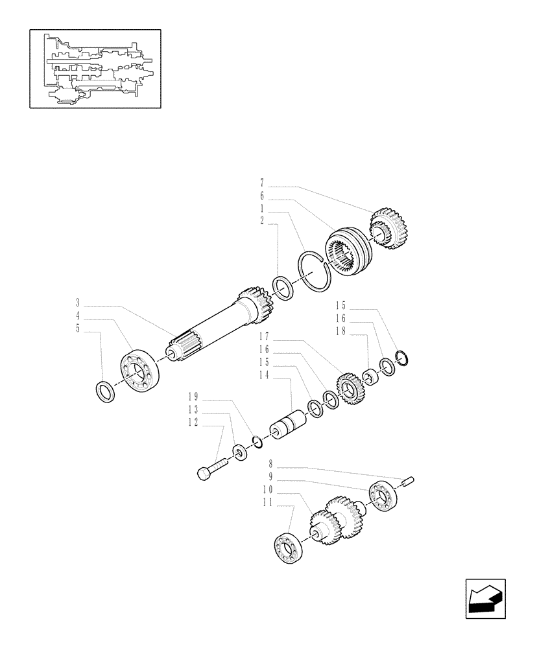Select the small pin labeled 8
(x=409, y=480)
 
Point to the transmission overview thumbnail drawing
(x=95, y=68)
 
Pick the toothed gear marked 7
(x=387, y=229)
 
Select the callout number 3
(x=78, y=303)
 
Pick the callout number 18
(x=341, y=330)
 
